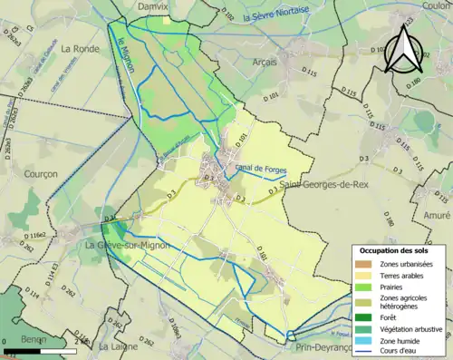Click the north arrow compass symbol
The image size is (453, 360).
pos(400,48)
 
